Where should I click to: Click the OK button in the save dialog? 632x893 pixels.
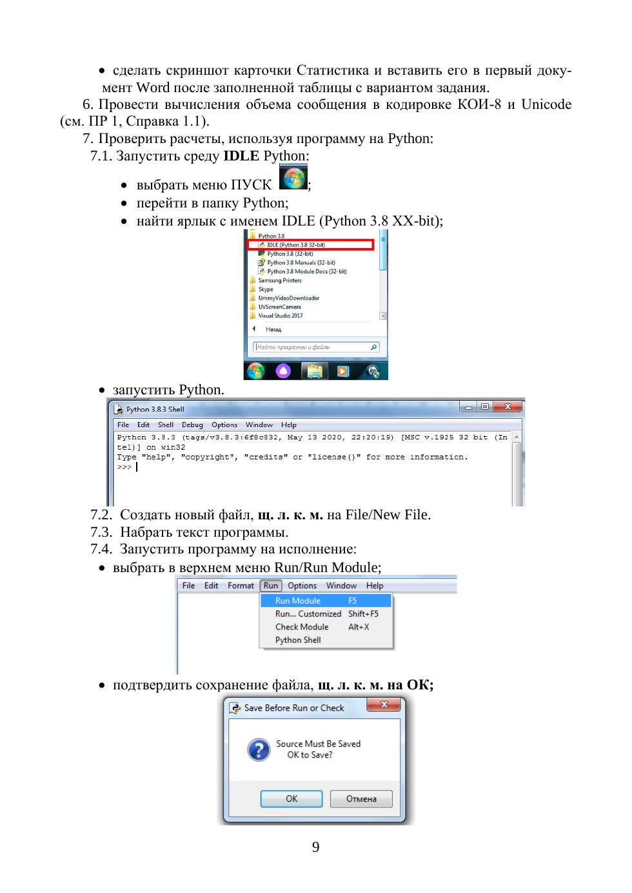(x=291, y=798)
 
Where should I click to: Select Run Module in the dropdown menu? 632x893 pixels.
(x=298, y=600)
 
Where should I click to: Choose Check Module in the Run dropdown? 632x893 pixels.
(x=302, y=627)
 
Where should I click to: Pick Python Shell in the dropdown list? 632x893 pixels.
(x=298, y=640)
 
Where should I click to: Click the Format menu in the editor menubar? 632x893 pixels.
(x=241, y=586)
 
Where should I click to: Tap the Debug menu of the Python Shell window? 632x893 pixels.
(x=192, y=425)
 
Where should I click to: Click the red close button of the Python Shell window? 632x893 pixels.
(x=508, y=407)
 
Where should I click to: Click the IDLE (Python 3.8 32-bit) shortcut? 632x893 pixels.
(x=295, y=245)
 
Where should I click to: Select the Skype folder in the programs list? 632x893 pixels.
(x=266, y=289)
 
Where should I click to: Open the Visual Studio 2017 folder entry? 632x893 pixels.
(x=281, y=316)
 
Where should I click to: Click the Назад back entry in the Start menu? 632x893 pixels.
(x=273, y=329)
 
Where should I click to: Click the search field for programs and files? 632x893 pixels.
(x=315, y=347)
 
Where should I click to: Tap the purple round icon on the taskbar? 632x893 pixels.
(x=283, y=371)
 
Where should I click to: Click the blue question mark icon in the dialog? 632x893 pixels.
(x=259, y=749)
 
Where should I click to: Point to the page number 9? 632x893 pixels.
(x=315, y=847)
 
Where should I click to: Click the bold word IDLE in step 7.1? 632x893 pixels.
(x=241, y=155)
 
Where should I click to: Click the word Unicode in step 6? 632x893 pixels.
(x=546, y=104)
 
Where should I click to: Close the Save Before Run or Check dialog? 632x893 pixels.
(x=384, y=705)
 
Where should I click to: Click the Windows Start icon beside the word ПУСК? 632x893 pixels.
(x=293, y=178)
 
